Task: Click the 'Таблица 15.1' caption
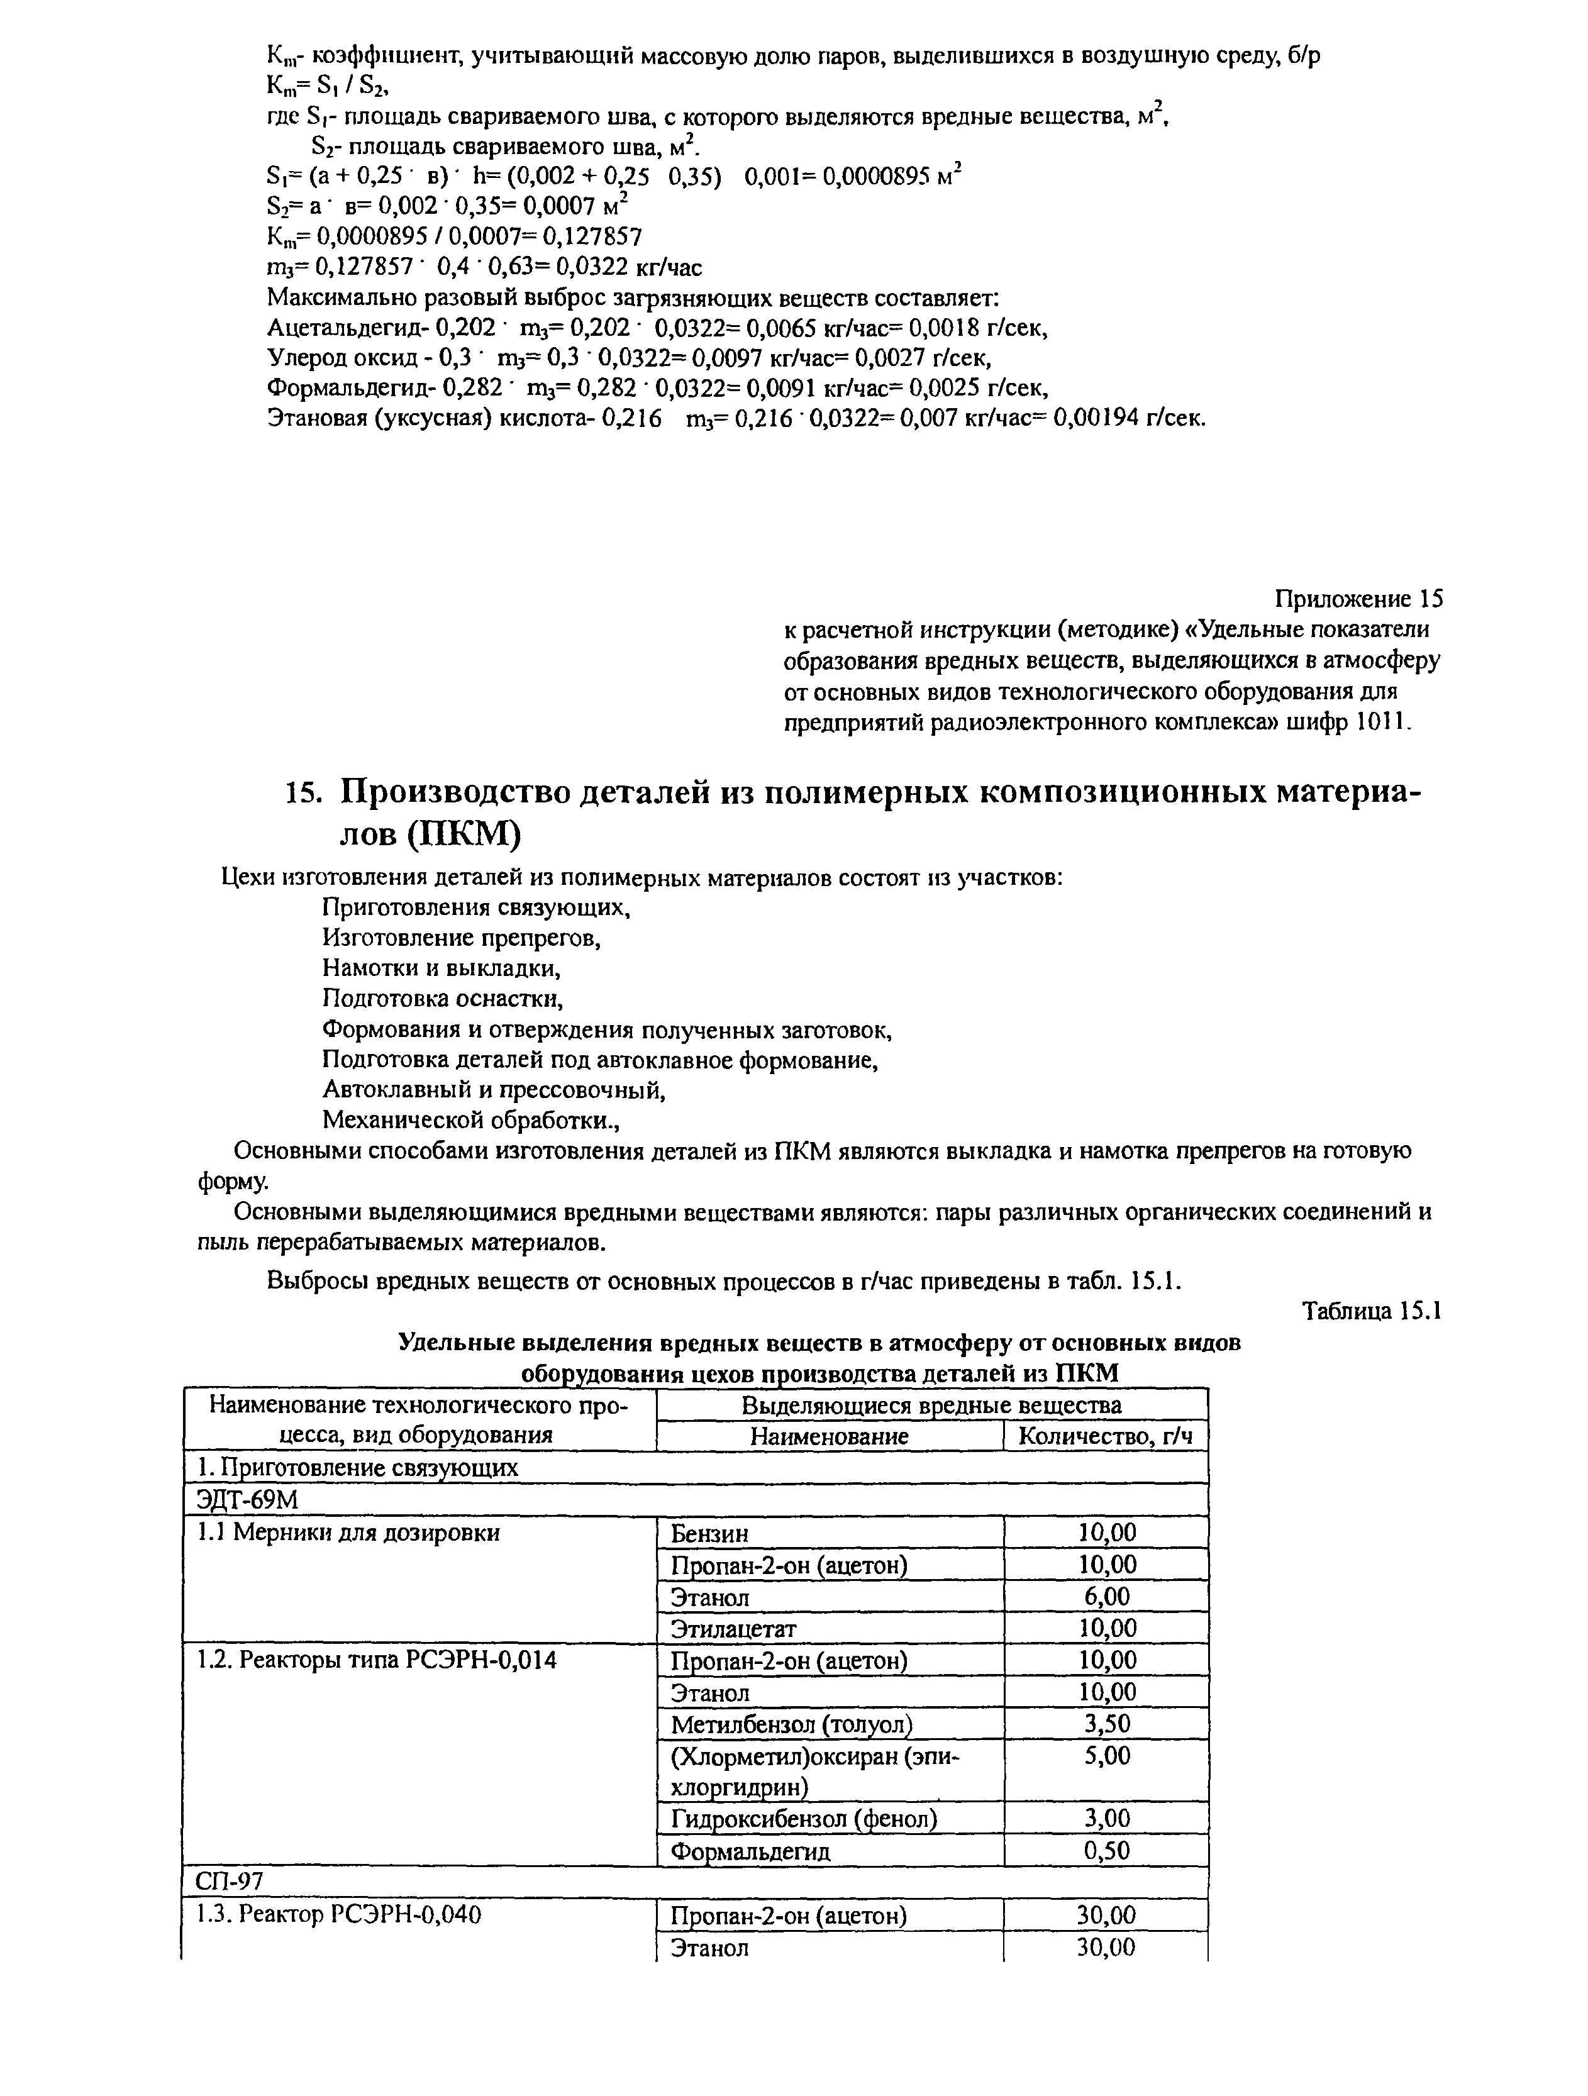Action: pos(1371,1311)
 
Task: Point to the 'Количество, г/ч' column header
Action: pos(1105,1436)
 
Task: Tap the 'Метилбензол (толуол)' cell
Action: pos(792,1724)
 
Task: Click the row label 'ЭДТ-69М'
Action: pos(247,1500)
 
